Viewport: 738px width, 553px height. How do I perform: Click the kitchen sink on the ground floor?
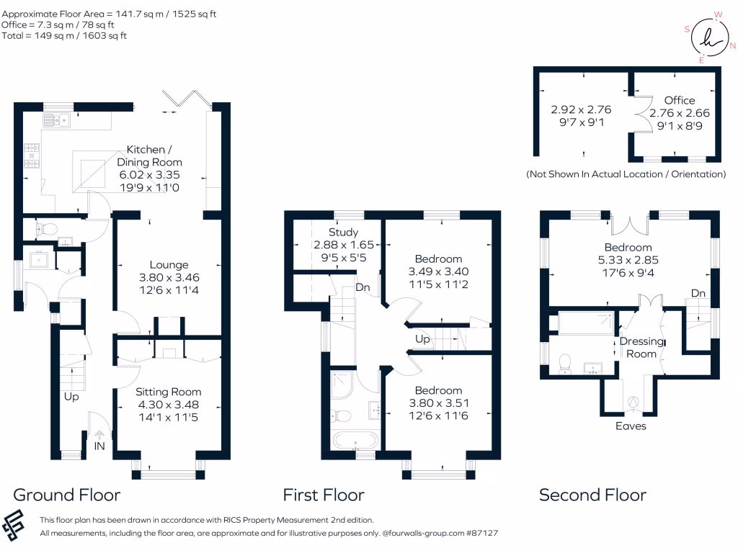tap(56, 120)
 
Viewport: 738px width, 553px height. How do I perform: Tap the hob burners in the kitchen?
tap(32, 156)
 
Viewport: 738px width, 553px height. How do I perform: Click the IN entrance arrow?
tap(99, 435)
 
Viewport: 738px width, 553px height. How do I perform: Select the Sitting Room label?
tap(169, 392)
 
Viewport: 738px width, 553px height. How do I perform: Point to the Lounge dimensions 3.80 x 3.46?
tap(169, 277)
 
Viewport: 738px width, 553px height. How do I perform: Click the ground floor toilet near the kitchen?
tap(46, 230)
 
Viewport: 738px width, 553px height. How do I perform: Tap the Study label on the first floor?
tap(344, 233)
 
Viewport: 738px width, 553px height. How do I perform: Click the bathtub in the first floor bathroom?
tap(355, 440)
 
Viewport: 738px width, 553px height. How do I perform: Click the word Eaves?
tap(631, 426)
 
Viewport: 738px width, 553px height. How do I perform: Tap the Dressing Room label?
tap(641, 348)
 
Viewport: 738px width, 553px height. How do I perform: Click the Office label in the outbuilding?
tap(680, 100)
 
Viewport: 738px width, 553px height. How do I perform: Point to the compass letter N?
tap(732, 45)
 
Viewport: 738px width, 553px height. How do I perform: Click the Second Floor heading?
tap(592, 495)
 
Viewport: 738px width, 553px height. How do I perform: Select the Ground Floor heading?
tap(67, 495)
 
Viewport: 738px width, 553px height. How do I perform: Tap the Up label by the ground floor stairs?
tap(71, 397)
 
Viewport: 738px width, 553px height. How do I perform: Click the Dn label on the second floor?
tap(698, 294)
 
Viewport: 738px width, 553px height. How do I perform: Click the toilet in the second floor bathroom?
tap(565, 364)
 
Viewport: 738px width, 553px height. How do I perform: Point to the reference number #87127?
tap(482, 533)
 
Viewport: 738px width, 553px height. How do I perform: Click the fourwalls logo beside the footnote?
tap(13, 525)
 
